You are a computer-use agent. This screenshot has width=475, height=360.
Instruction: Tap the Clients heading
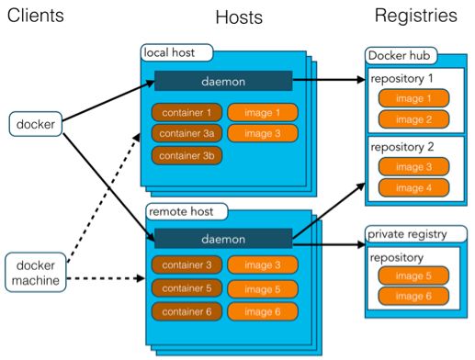[38, 16]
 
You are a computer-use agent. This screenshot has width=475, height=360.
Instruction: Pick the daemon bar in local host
[223, 81]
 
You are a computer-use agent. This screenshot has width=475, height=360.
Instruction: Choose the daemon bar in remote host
[223, 239]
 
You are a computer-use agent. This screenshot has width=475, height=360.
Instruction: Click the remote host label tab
[184, 212]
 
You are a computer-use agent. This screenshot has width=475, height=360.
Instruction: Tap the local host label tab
[175, 52]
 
